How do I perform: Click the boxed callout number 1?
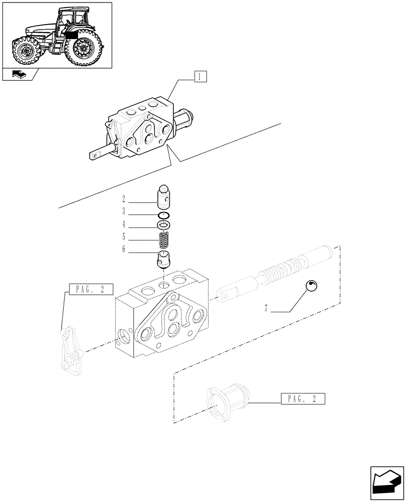coord(199,77)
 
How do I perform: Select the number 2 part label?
coord(123,199)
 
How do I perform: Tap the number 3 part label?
coord(123,212)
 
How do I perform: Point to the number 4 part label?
coord(123,224)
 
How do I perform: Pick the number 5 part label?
coord(123,236)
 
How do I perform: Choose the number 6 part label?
coord(123,249)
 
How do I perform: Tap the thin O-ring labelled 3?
coord(165,215)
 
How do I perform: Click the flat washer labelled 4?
coord(165,224)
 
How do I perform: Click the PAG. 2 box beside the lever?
coord(91,289)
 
